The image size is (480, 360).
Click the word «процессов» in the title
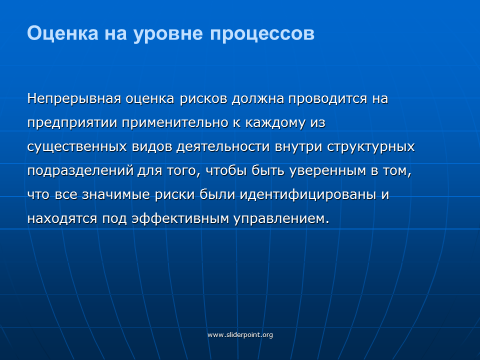(262, 33)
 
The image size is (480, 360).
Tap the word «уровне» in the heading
(168, 34)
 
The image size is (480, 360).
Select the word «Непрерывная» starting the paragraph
(74, 99)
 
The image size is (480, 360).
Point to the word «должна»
(258, 99)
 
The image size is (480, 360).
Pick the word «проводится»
(327, 99)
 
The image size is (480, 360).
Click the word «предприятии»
(72, 123)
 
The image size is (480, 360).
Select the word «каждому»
(275, 123)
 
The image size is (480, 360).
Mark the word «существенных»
(77, 147)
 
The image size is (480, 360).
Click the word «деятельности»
(223, 147)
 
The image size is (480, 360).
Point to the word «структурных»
(371, 147)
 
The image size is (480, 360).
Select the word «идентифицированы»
(308, 195)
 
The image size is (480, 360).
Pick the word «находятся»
(62, 219)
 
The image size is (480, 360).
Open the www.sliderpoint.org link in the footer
(240, 334)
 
